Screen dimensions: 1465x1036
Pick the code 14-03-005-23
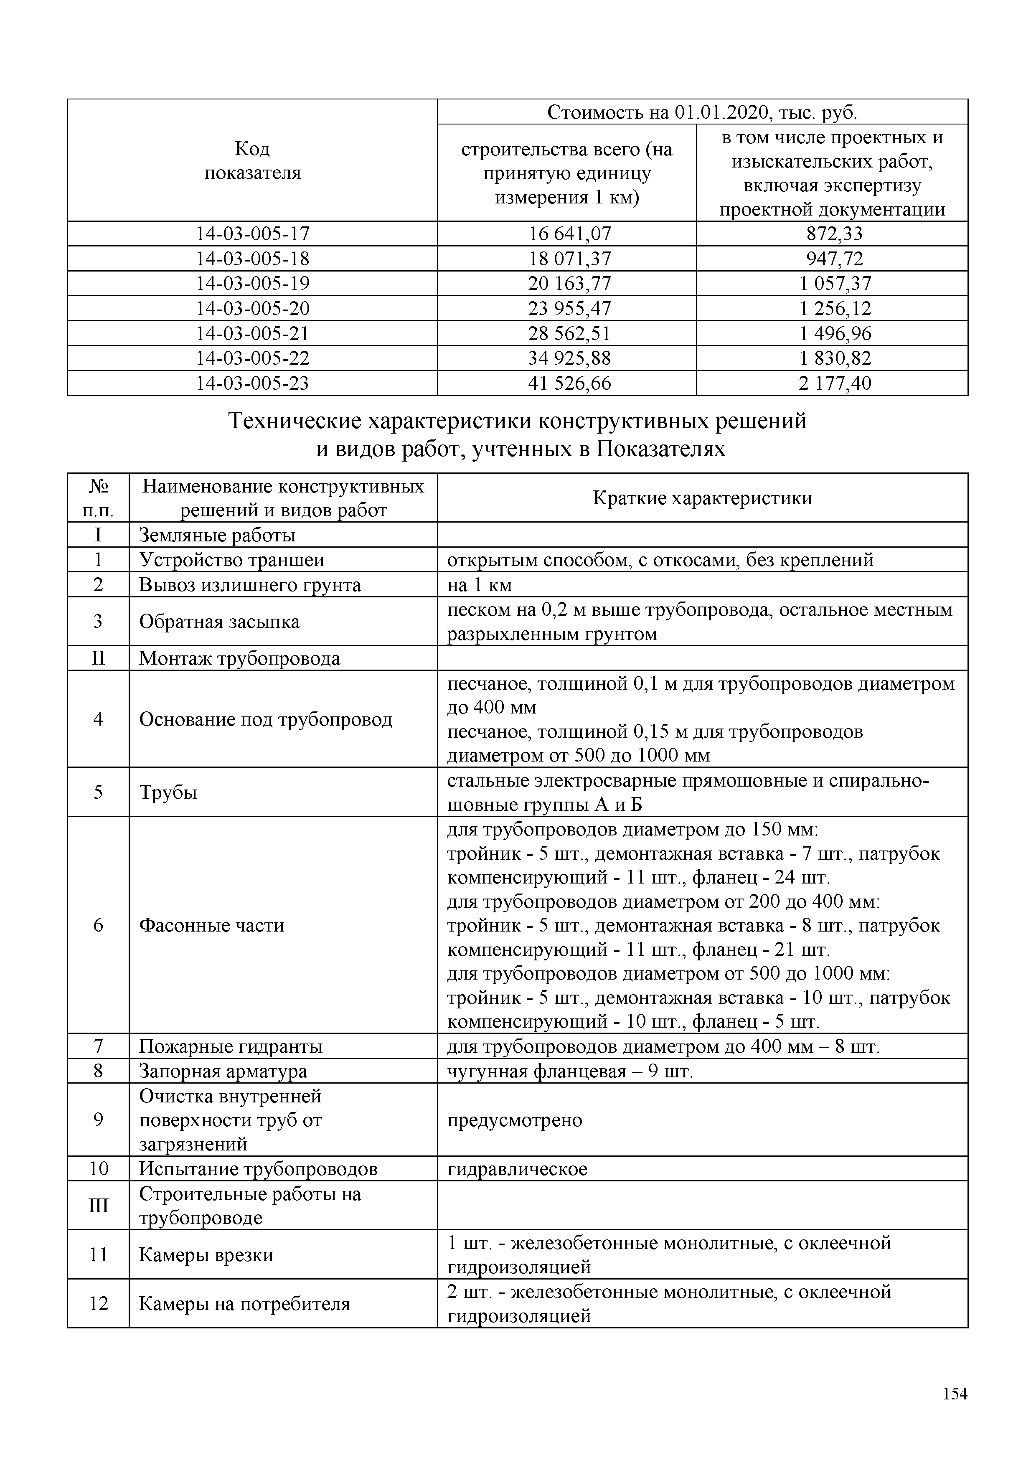coord(253,383)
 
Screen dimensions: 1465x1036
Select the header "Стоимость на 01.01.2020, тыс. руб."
coord(702,113)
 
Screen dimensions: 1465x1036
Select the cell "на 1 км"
coord(480,585)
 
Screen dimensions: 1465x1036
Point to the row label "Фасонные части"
coord(212,925)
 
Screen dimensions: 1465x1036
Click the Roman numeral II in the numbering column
coord(98,658)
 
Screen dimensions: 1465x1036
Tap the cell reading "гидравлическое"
coord(517,1170)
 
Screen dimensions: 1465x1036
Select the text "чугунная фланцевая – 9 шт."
coord(570,1071)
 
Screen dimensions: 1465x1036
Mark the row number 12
coord(98,1304)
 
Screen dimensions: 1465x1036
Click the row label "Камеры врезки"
coord(206,1255)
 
